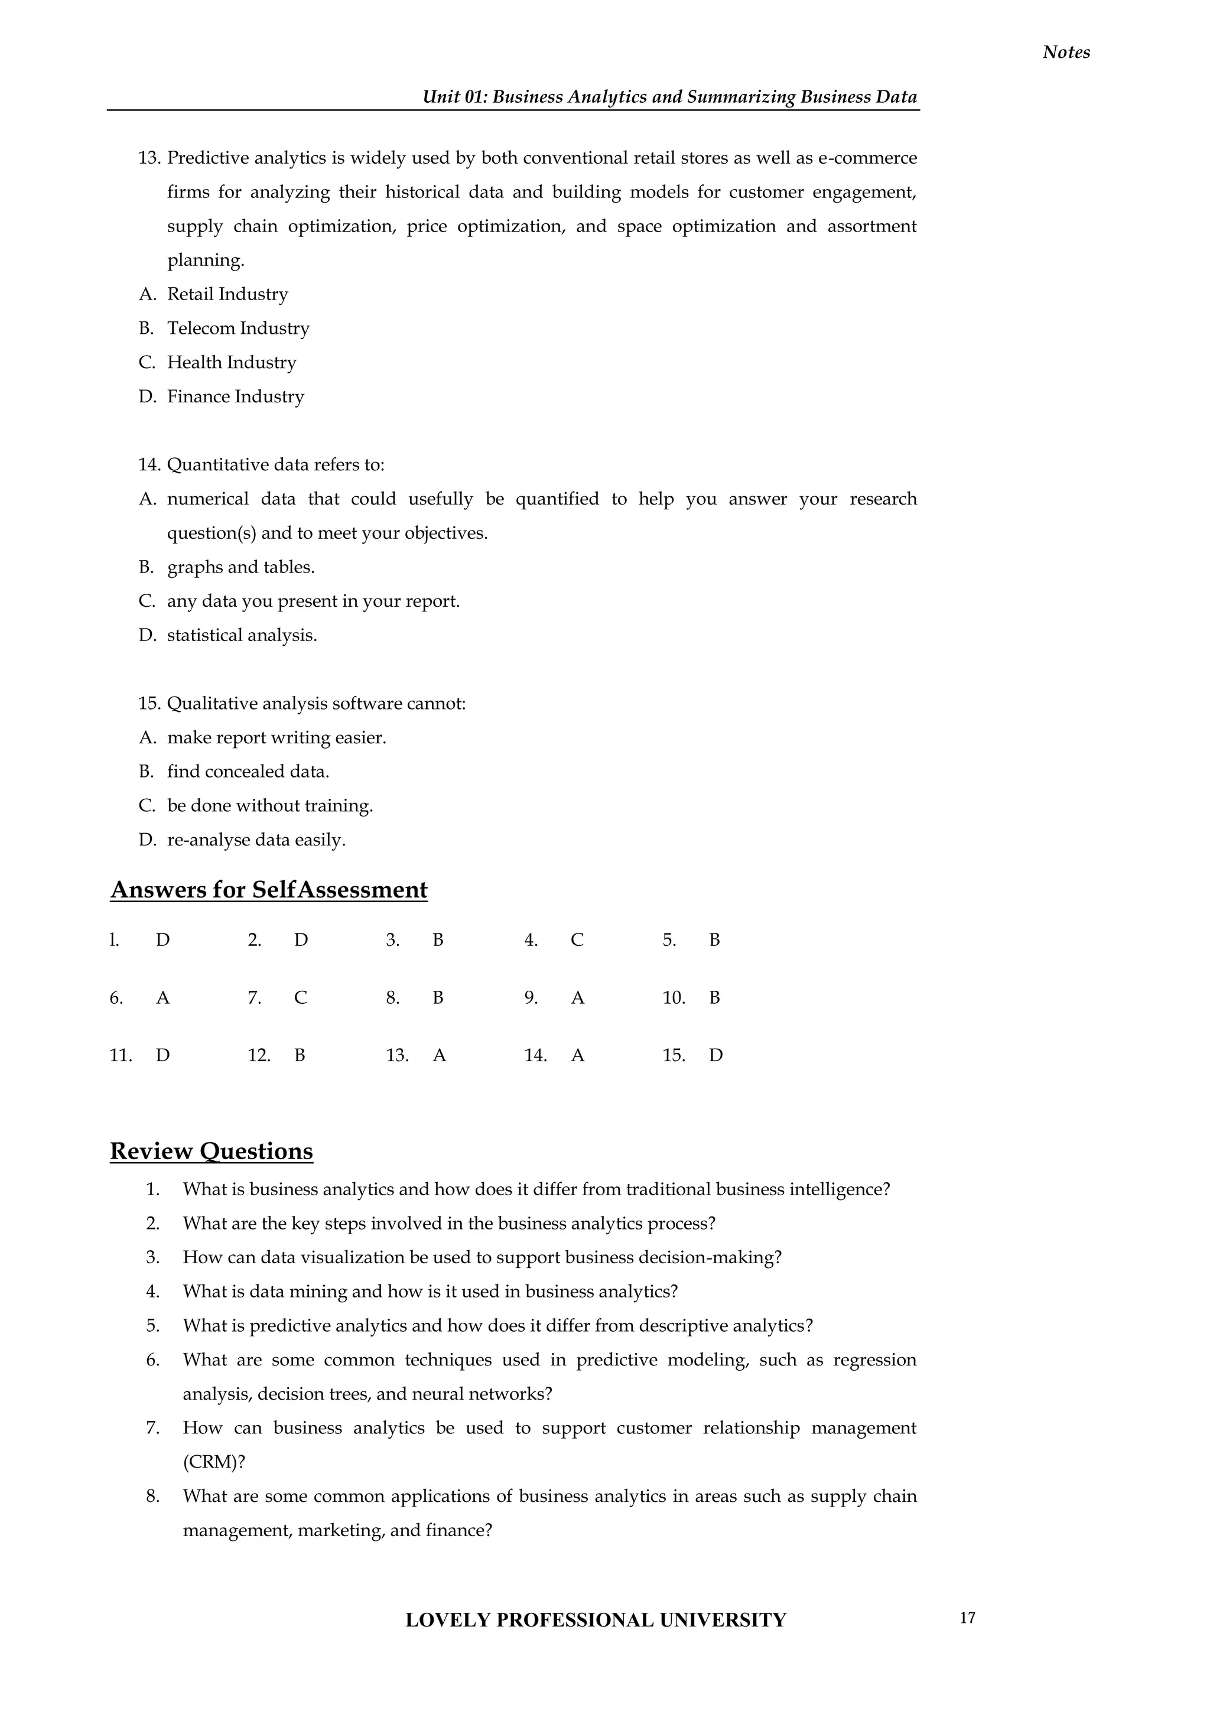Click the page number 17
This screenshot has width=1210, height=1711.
pyautogui.click(x=967, y=1617)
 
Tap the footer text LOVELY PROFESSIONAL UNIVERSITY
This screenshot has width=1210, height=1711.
pyautogui.click(x=596, y=1620)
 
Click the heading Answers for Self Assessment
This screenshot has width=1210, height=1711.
pyautogui.click(x=268, y=890)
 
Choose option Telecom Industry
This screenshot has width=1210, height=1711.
pyautogui.click(x=238, y=328)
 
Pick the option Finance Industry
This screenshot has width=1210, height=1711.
pyautogui.click(x=236, y=396)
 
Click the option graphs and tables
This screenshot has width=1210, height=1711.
pyautogui.click(x=240, y=567)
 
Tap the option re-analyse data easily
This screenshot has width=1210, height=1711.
pyautogui.click(x=256, y=840)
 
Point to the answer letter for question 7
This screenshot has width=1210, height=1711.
pyautogui.click(x=300, y=998)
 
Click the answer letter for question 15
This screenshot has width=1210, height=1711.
pyautogui.click(x=715, y=1055)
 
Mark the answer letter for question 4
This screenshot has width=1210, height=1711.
pyautogui.click(x=577, y=941)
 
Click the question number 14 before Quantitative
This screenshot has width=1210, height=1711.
pyautogui.click(x=149, y=465)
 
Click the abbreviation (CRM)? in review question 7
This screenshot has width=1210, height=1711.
pyautogui.click(x=214, y=1462)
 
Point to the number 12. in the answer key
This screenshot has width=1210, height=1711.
pyautogui.click(x=259, y=1055)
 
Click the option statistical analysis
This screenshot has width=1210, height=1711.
pyautogui.click(x=242, y=636)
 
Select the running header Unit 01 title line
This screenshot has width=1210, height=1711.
pyautogui.click(x=669, y=97)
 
